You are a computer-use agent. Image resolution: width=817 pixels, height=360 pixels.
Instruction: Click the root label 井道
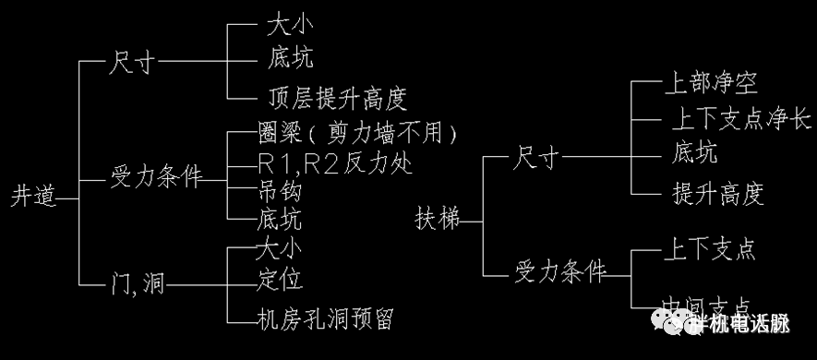(32, 197)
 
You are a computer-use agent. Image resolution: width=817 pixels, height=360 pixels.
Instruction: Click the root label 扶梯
(436, 220)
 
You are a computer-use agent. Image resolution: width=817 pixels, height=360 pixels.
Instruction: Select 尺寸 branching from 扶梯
(537, 159)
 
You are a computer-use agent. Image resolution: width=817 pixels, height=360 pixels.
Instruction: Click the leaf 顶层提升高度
(335, 97)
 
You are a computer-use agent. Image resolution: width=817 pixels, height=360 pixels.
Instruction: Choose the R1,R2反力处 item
(335, 163)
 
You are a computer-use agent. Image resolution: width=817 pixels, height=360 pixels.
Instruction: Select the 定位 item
(280, 277)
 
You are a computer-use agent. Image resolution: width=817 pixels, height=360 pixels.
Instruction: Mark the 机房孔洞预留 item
(326, 318)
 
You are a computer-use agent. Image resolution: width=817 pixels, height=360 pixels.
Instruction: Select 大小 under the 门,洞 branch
(279, 247)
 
